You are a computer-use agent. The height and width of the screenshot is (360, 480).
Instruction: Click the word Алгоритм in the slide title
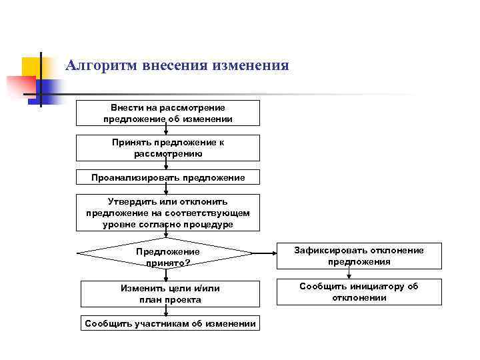tap(99, 66)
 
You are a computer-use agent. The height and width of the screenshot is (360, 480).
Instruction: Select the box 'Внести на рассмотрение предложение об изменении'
tap(167, 113)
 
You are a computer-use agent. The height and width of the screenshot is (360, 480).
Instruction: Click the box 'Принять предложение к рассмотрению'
tap(167, 148)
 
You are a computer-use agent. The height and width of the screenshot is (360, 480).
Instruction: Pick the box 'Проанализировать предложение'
tap(167, 177)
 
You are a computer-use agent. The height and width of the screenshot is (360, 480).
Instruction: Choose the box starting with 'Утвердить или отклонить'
tap(167, 213)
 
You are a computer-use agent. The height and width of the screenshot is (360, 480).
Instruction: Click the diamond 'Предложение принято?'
tap(167, 254)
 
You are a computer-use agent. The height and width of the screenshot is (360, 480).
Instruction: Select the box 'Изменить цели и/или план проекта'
tap(169, 294)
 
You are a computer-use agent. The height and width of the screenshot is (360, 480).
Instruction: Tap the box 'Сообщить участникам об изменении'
tap(169, 324)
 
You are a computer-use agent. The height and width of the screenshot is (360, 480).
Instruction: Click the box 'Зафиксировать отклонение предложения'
tap(359, 256)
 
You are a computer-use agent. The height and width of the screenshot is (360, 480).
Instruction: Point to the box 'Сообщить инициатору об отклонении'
tap(359, 291)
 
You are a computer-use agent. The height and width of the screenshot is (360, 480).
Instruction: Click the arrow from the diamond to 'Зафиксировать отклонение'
tap(265, 253)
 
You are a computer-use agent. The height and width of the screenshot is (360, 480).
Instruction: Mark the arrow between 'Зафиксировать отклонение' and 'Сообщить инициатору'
tap(359, 274)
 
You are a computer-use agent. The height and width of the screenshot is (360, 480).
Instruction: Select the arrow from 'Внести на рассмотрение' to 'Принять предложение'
tap(166, 131)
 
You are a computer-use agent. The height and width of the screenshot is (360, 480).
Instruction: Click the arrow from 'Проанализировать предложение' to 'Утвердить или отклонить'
tap(166, 189)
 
